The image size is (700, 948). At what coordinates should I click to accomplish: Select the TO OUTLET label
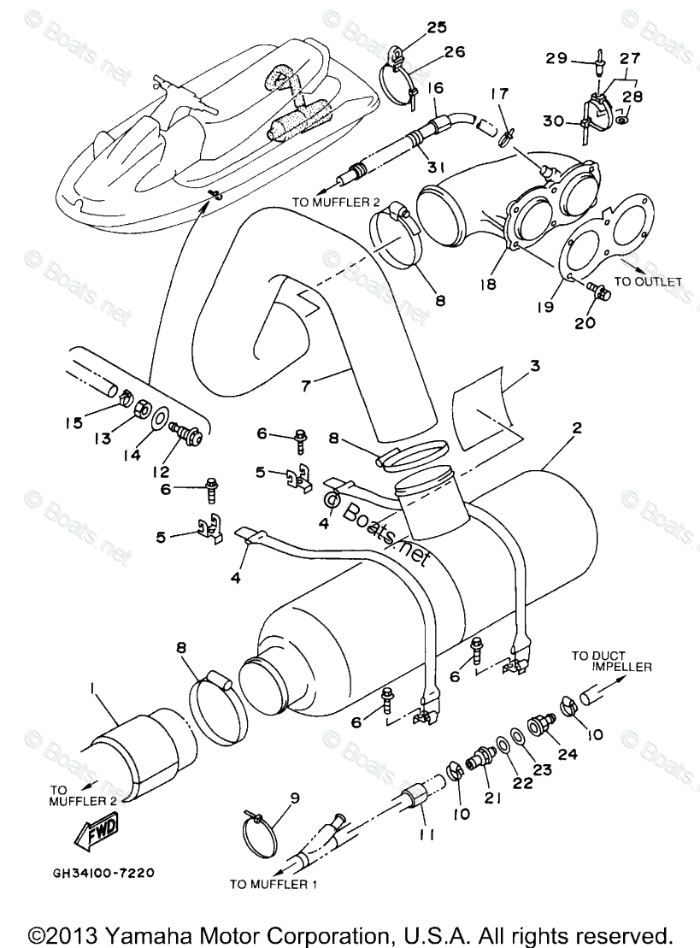pyautogui.click(x=647, y=281)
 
